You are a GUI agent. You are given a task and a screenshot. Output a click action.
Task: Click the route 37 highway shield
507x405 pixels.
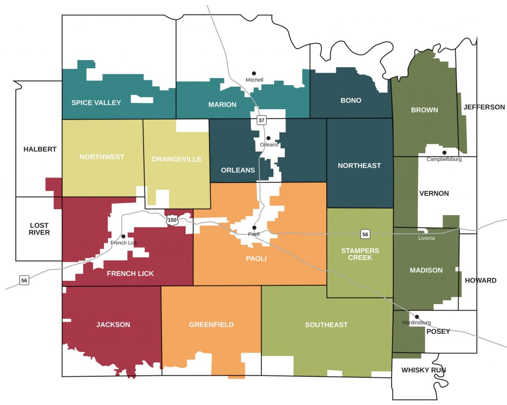[261, 120]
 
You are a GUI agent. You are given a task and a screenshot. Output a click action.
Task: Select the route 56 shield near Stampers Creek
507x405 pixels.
[364, 233]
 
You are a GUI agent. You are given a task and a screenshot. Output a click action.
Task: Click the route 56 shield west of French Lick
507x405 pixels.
[24, 280]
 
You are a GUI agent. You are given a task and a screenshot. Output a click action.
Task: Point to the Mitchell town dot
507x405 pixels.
[254, 73]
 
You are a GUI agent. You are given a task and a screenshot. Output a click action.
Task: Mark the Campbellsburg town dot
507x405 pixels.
[444, 152]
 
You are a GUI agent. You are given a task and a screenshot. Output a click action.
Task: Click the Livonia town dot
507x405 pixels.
[426, 231]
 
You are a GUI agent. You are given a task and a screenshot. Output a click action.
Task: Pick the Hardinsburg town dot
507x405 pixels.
[416, 316]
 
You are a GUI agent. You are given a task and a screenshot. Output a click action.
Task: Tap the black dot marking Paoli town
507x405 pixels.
[254, 227]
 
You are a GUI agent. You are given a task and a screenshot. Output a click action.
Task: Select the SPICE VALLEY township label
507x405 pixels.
[96, 103]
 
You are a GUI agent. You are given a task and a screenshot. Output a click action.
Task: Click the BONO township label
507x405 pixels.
[351, 100]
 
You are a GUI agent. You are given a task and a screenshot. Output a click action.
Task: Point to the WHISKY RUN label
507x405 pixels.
[424, 370]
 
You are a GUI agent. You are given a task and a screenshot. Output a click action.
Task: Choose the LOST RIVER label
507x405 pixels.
[39, 229]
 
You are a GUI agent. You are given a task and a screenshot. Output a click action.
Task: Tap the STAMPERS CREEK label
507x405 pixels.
[360, 254]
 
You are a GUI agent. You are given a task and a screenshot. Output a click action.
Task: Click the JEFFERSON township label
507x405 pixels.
[484, 107]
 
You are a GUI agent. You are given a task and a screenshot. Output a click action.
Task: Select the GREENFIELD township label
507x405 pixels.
[211, 325]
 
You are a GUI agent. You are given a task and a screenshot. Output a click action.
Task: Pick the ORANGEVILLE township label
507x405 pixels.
[176, 159]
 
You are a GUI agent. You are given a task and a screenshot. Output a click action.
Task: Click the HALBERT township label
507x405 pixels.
[40, 149]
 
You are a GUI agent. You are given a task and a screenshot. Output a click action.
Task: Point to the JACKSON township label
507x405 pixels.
[113, 325]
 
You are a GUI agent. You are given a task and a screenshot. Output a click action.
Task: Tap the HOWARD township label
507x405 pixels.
[480, 280]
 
